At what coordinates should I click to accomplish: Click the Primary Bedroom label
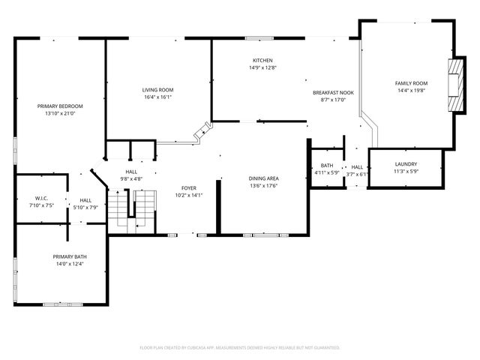pos(60,106)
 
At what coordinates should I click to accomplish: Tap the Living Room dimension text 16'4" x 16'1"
pos(157,97)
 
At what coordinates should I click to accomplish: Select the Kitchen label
pos(262,61)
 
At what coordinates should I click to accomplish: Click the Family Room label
pos(411,83)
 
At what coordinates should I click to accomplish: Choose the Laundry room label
pos(406,164)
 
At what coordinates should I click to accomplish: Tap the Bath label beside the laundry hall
pos(327,166)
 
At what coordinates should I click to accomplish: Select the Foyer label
pos(189,187)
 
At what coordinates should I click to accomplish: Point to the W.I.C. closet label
pos(39,199)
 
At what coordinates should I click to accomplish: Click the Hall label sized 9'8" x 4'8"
pos(131,172)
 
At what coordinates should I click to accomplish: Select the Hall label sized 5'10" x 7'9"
pos(86,200)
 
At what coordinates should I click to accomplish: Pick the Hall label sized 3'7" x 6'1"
pos(357,167)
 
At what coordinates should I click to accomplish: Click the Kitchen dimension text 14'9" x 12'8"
pos(262,68)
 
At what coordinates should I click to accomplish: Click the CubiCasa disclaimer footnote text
pos(240,347)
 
